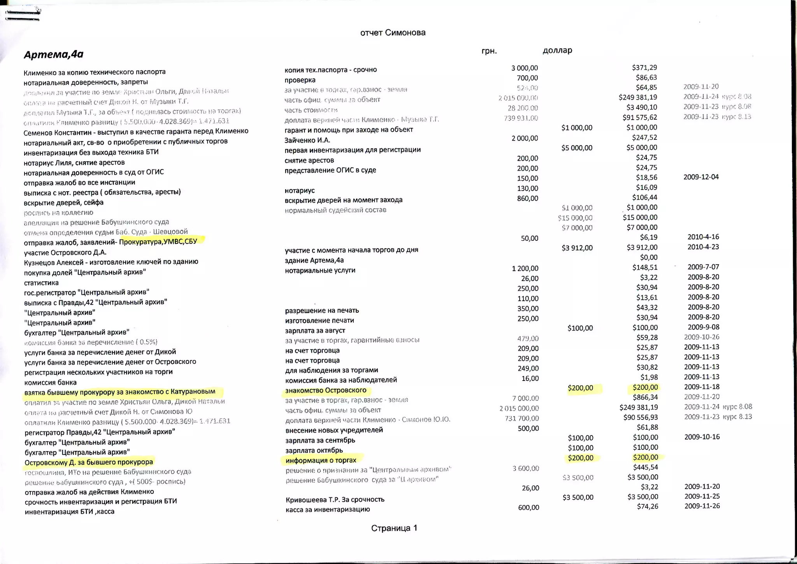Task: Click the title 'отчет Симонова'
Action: [393, 33]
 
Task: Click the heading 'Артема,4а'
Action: [54, 54]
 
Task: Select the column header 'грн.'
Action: [489, 51]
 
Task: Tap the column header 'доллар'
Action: [557, 50]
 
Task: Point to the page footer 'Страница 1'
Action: [394, 528]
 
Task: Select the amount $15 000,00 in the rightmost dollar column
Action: [640, 218]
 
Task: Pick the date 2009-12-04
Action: [701, 177]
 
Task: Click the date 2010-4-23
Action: [703, 247]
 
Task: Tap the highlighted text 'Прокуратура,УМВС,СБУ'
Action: [158, 241]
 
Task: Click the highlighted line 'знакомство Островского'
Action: [326, 390]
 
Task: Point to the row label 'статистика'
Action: [41, 283]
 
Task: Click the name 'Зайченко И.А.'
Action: [307, 140]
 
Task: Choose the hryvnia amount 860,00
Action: [527, 199]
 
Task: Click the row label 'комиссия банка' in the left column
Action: [50, 382]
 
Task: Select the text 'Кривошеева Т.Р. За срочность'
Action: [335, 499]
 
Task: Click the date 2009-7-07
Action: [703, 267]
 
